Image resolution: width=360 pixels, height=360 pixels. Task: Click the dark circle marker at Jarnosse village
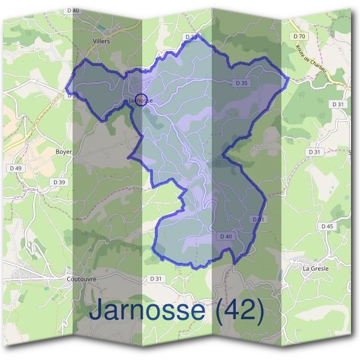coord(141,99)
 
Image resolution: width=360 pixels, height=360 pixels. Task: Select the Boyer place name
coord(63,152)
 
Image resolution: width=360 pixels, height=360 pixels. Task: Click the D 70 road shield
coord(300,37)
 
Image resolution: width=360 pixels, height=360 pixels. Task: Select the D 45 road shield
coord(327,226)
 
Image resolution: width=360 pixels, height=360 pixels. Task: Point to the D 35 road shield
coord(242,83)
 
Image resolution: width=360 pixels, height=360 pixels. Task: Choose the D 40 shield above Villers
coord(73,11)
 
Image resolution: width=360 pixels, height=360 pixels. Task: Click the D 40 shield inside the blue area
coord(226,236)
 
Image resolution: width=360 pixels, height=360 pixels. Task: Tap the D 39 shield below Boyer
coord(59,182)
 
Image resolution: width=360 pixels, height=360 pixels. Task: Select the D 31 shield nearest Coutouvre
coord(156,278)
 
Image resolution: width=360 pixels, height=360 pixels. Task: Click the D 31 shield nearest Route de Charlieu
coord(339,104)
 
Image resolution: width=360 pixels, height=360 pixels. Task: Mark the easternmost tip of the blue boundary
coord(289,78)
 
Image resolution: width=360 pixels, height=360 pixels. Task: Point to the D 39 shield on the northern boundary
coord(191,37)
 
